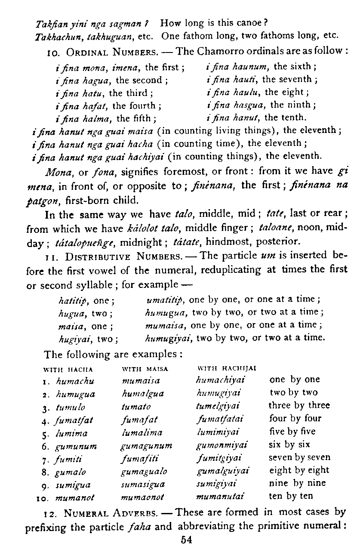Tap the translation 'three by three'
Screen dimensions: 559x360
tap(299, 405)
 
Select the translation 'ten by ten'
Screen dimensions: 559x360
tap(291, 496)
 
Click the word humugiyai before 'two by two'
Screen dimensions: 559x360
tap(169, 338)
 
